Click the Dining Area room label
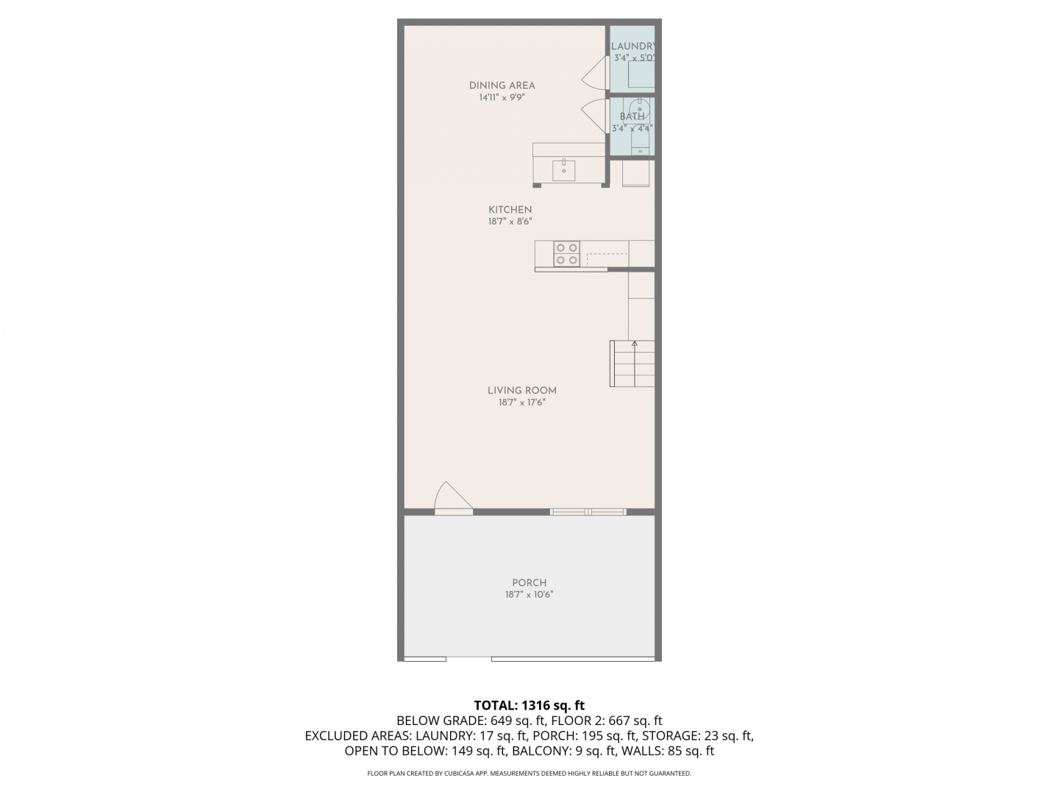click(502, 85)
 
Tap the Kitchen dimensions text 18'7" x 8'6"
click(510, 222)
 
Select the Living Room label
click(521, 390)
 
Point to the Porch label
click(529, 582)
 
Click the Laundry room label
click(632, 46)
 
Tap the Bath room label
click(632, 116)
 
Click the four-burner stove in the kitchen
click(566, 254)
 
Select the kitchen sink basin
click(563, 171)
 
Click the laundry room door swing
click(594, 73)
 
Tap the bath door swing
click(594, 116)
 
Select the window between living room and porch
click(588, 512)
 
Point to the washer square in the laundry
click(641, 74)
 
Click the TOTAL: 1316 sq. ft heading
click(529, 705)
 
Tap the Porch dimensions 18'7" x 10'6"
click(529, 595)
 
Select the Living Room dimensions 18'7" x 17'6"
click(521, 403)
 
